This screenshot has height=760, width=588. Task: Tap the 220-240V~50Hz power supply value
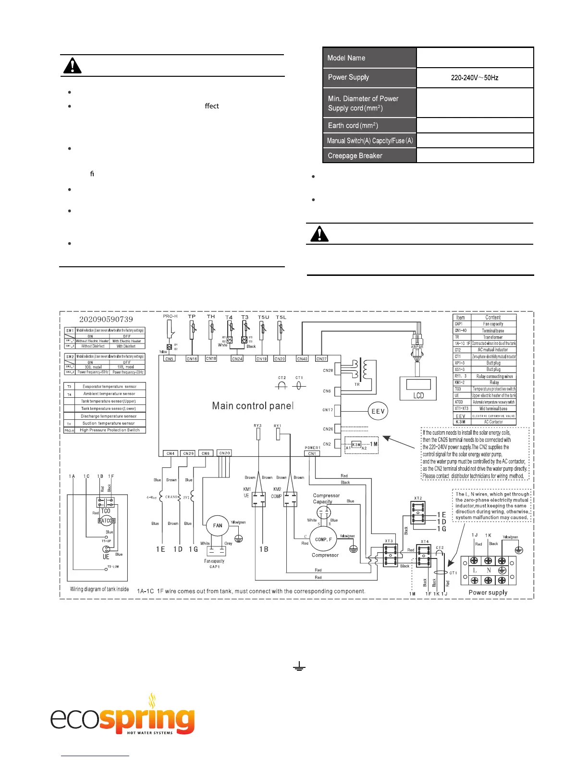pos(475,77)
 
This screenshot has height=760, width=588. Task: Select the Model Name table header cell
pos(369,58)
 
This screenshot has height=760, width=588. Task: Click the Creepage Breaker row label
pos(369,155)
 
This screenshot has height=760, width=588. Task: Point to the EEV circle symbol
pos(378,411)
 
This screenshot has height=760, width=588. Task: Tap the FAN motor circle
pos(218,525)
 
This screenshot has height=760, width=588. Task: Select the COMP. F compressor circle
pos(323,539)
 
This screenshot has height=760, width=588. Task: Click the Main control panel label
pos(253,406)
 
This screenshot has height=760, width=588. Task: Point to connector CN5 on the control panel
pos(169,358)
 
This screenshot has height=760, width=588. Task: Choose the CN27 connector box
pos(321,358)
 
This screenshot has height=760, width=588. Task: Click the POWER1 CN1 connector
pos(312,453)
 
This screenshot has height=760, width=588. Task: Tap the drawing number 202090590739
pos(106,319)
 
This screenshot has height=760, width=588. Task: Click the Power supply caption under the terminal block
pos(488,592)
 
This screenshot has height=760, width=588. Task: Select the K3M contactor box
pos(356,444)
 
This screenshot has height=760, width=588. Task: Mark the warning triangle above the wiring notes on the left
pos(72,66)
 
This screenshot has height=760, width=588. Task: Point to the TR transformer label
pos(357,384)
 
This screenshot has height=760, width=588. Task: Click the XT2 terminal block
pos(418,513)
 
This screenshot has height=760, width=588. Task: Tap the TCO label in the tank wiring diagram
pos(106,511)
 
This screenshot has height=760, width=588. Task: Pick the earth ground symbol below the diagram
pos(299,666)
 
